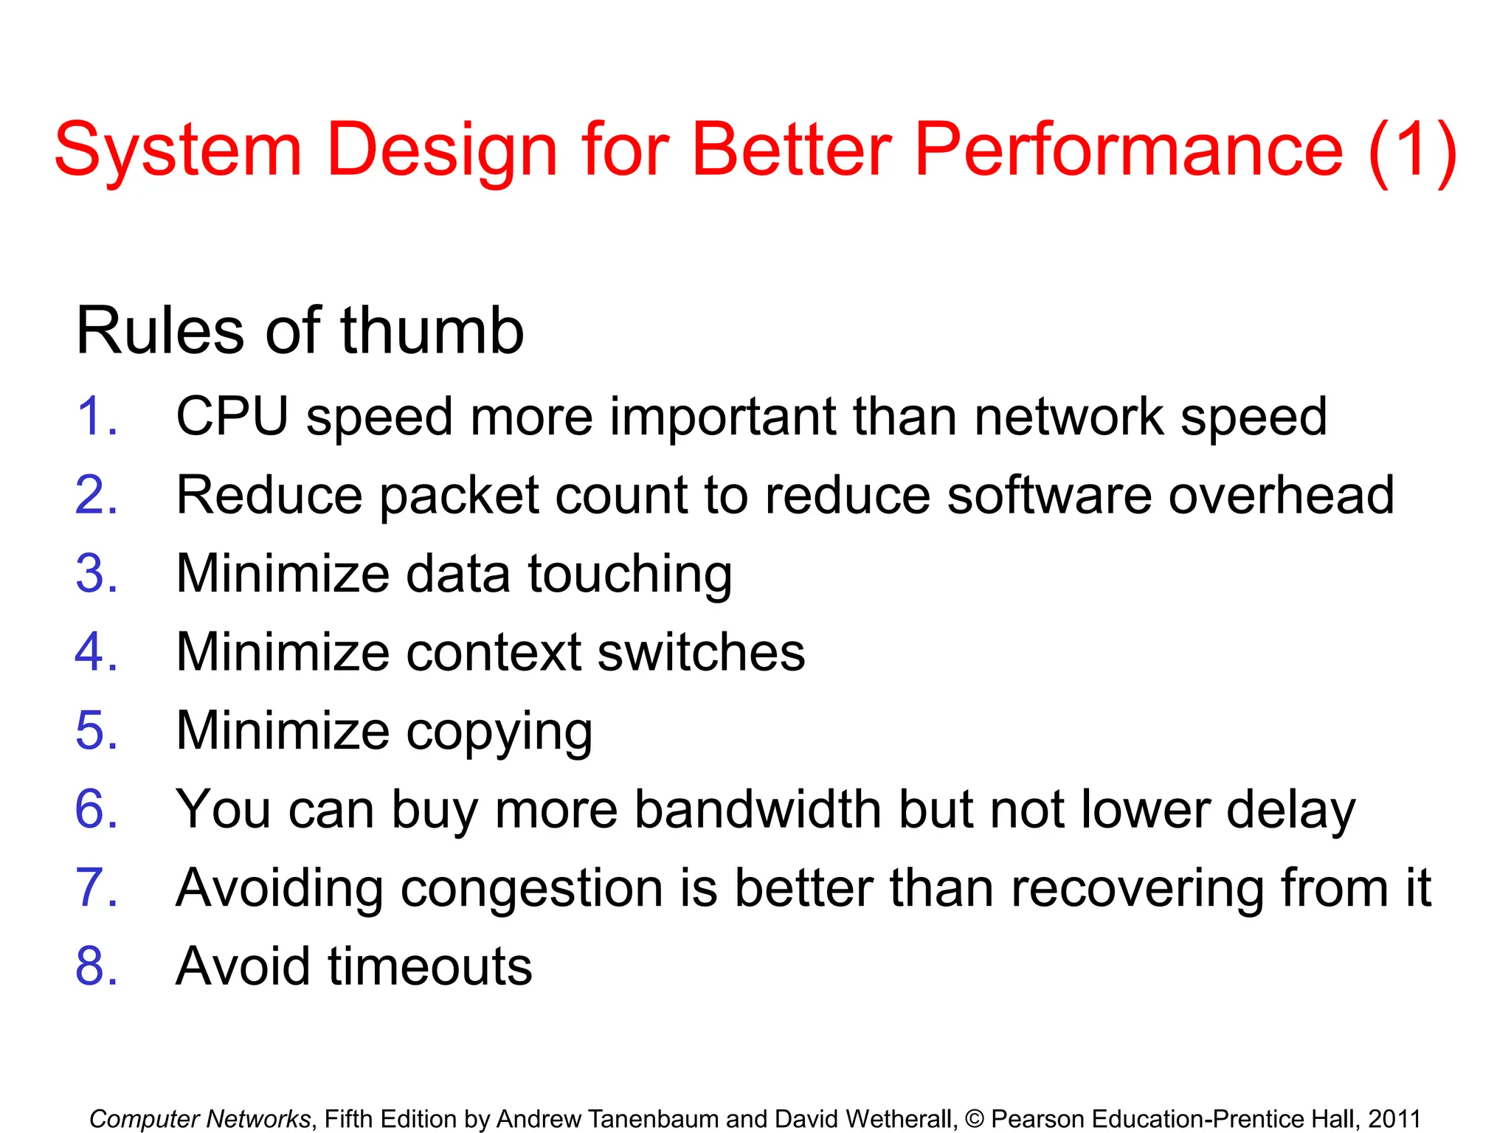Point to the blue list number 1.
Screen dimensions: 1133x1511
95,417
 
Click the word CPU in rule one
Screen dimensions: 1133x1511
232,417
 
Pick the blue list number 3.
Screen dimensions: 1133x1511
95,574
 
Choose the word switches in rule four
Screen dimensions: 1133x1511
701,653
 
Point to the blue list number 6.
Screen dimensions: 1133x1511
95,810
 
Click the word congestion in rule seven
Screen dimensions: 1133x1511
531,890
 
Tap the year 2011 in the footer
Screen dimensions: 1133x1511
1394,1119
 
